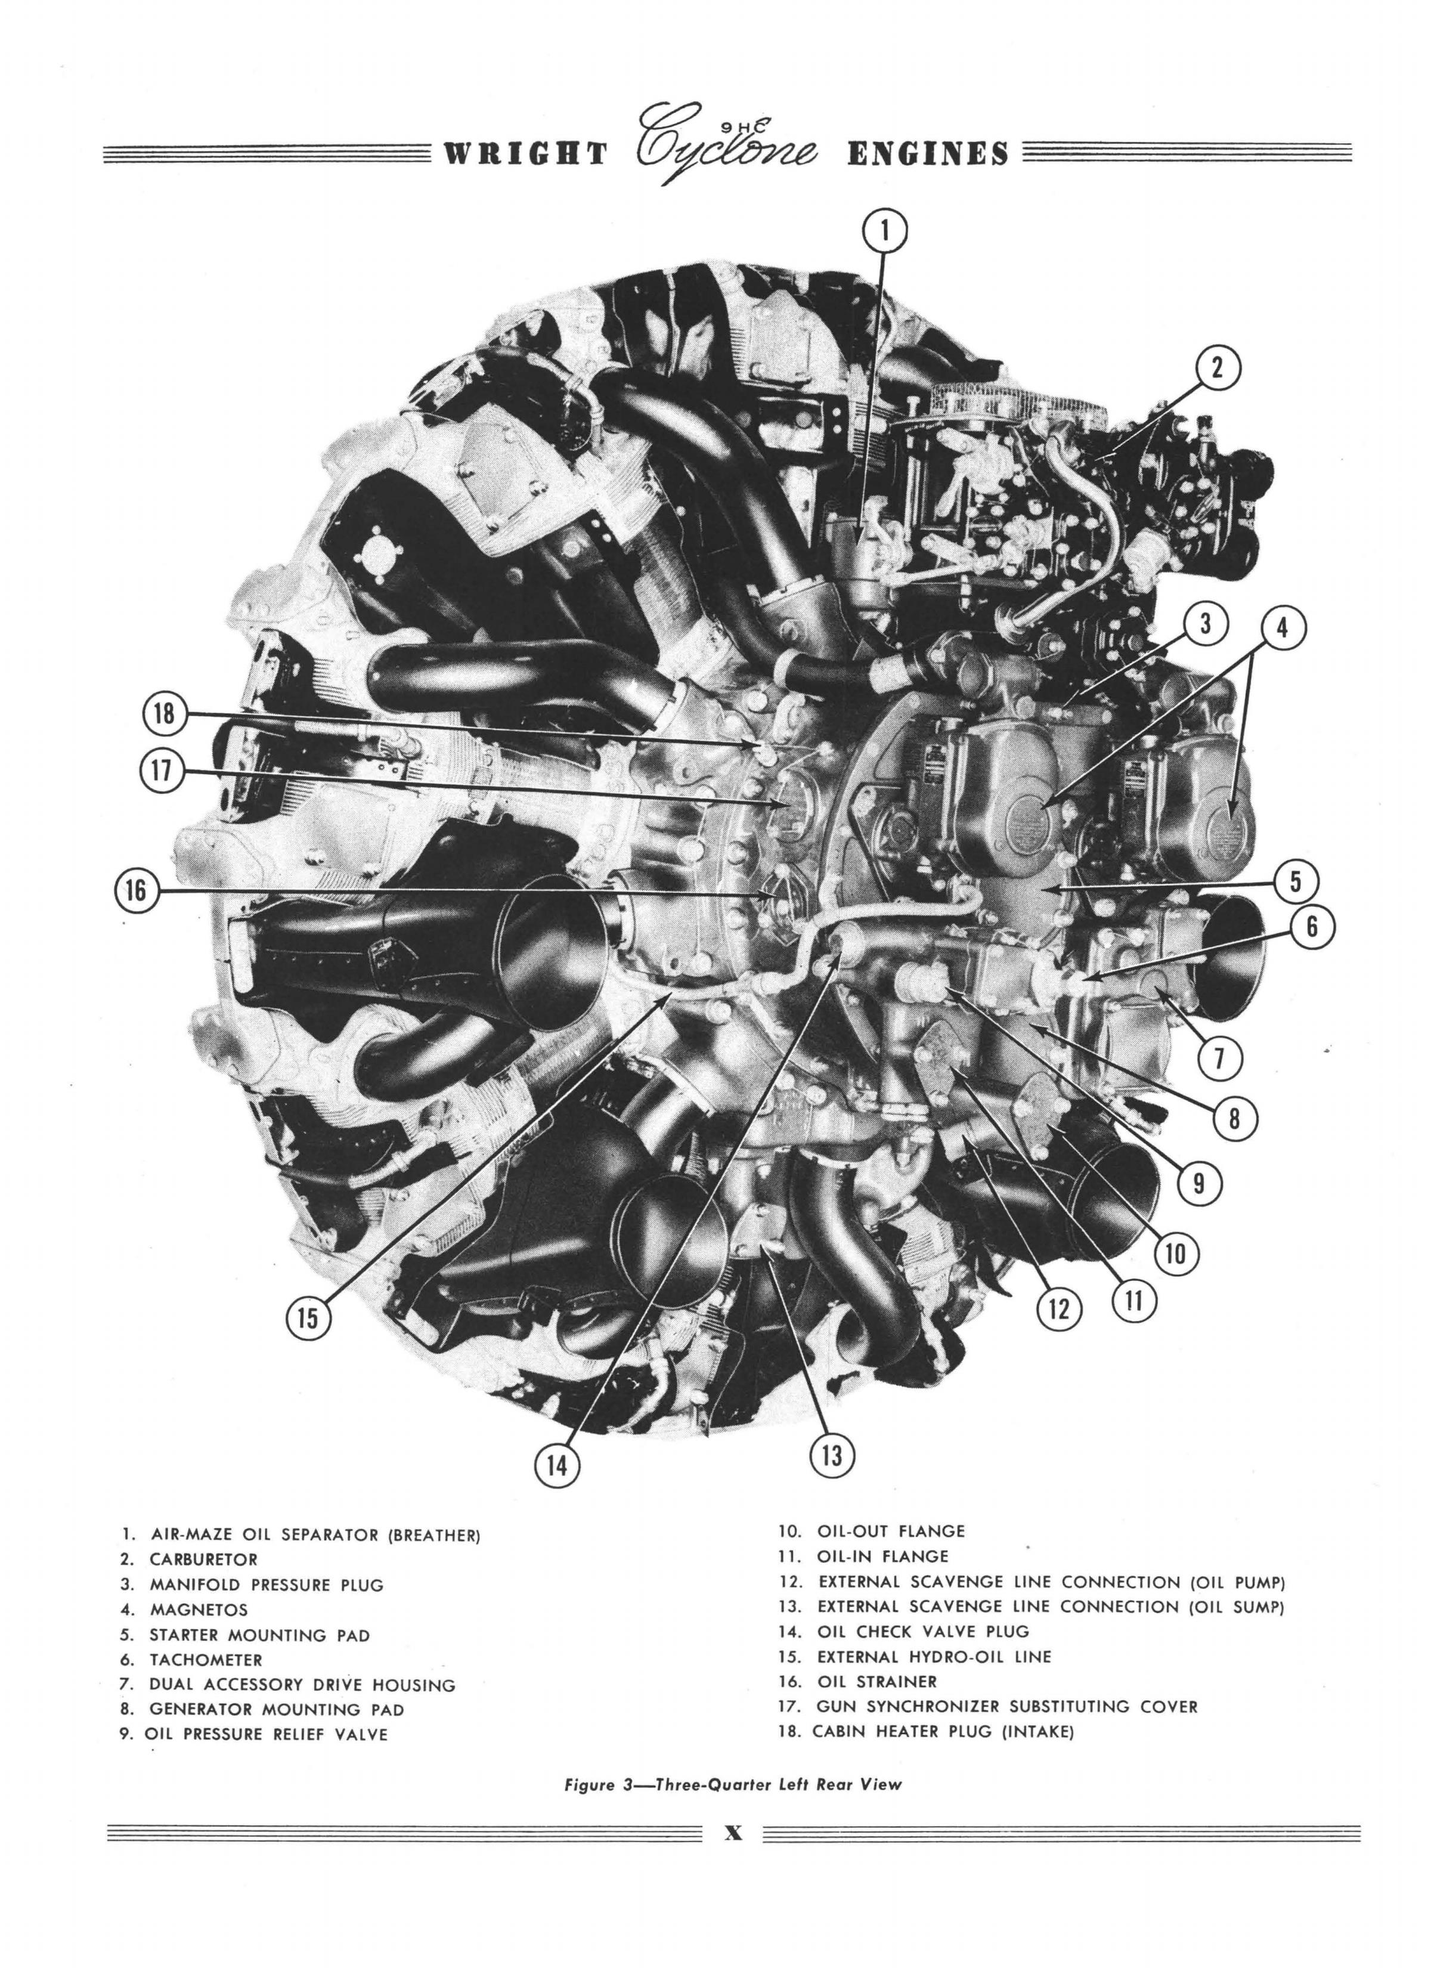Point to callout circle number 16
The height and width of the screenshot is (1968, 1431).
pyautogui.click(x=137, y=890)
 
